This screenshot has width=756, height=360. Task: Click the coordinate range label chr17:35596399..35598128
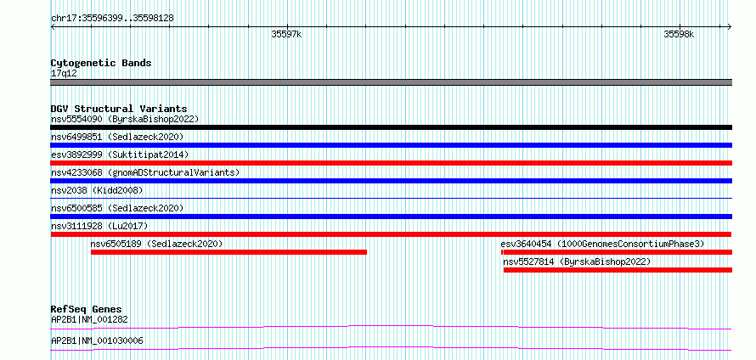(112, 19)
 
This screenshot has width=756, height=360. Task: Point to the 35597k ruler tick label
(286, 34)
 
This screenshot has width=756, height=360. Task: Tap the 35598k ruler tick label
(679, 34)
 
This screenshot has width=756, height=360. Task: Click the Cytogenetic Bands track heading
(101, 63)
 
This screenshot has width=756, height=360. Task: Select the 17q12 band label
(64, 74)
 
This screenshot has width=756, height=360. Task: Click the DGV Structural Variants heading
(119, 109)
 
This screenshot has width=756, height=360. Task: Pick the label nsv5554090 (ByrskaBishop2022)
(125, 119)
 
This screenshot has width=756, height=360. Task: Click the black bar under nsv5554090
(391, 127)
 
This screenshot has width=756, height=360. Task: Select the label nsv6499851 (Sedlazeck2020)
(117, 137)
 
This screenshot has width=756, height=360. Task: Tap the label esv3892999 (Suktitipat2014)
(120, 155)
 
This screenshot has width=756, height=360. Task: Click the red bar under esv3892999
(391, 163)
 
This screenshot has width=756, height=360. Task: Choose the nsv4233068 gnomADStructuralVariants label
(145, 172)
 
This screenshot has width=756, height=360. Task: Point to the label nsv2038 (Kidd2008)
(97, 190)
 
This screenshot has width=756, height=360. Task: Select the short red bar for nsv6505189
(229, 252)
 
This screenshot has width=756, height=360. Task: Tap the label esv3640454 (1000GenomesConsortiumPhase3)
(603, 244)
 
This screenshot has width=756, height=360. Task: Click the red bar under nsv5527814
(618, 270)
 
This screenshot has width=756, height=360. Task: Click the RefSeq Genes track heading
(87, 309)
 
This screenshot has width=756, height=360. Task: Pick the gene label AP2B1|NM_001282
(89, 319)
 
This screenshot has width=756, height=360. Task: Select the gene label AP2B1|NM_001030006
(97, 341)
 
